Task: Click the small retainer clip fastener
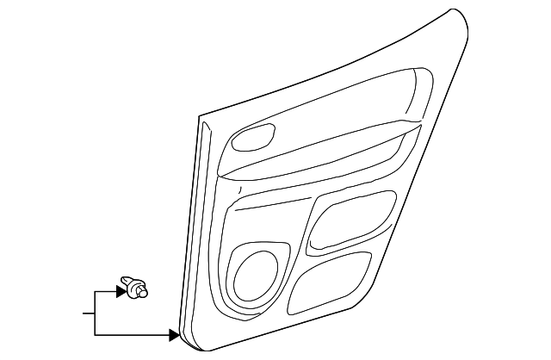click(133, 287)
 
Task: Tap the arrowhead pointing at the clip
click(121, 292)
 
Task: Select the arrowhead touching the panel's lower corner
click(175, 334)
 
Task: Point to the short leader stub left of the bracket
click(88, 313)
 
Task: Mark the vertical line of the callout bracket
click(94, 313)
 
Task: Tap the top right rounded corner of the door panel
click(461, 17)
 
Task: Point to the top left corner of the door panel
click(201, 119)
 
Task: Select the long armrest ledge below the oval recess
click(319, 155)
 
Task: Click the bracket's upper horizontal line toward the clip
click(105, 292)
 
